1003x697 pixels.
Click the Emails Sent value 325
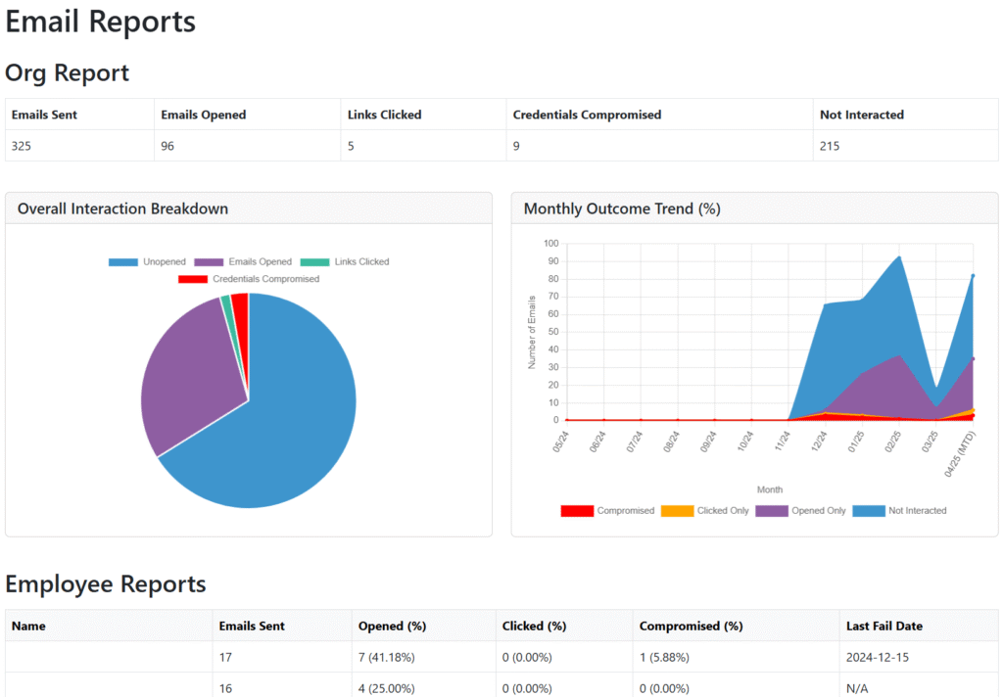(22, 146)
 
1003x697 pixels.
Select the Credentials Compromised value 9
(516, 146)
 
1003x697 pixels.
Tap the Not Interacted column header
(861, 115)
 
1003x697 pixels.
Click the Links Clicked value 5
(352, 146)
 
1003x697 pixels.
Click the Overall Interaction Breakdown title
(122, 209)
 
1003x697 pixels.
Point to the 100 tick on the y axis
(550, 244)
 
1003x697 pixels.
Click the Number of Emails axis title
(533, 332)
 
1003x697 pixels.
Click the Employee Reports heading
(106, 584)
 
